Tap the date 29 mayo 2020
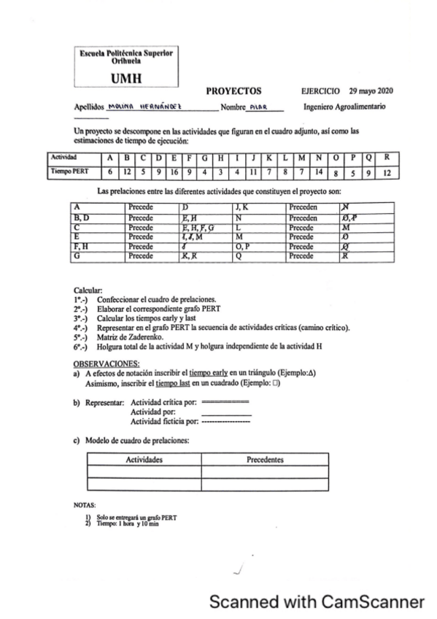pyautogui.click(x=371, y=91)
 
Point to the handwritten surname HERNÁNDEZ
pyautogui.click(x=168, y=107)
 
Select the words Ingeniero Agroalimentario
pyautogui.click(x=344, y=107)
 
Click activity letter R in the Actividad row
pyautogui.click(x=387, y=157)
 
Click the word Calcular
pyautogui.click(x=88, y=290)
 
